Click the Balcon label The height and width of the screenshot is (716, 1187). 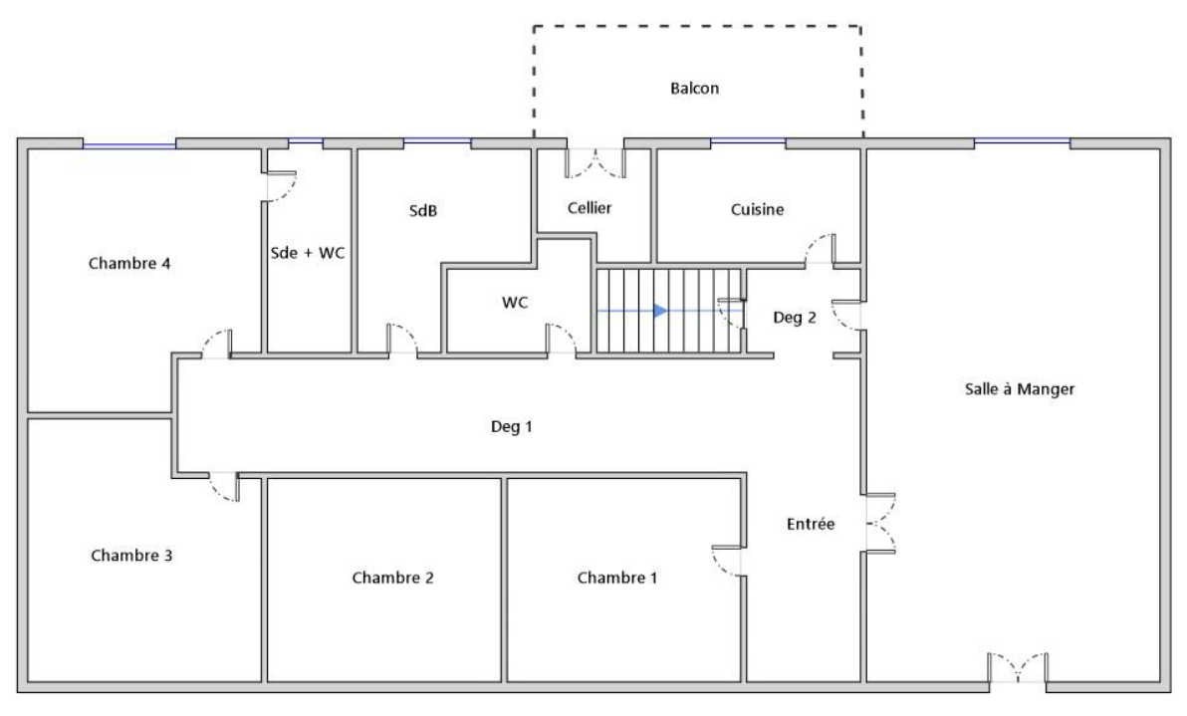[x=694, y=89]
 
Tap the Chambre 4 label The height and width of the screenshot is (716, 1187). [x=129, y=263]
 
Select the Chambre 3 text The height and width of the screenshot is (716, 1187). [x=131, y=556]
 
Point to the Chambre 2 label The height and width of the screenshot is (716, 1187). [x=393, y=579]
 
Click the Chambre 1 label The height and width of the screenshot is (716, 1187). [x=617, y=579]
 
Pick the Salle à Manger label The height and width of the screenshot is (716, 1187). [x=1020, y=389]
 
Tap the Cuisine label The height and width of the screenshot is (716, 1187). [x=757, y=210]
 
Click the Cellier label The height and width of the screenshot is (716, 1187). [x=590, y=207]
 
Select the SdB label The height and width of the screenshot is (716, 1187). [x=423, y=211]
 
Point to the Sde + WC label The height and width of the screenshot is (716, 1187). [x=308, y=253]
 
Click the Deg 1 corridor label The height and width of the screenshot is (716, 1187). [x=512, y=427]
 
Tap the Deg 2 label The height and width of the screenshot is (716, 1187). [x=795, y=318]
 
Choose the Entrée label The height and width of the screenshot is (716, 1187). [x=811, y=524]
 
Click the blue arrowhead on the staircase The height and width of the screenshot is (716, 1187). [x=661, y=311]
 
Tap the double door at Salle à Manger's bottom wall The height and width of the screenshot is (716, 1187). [x=1018, y=667]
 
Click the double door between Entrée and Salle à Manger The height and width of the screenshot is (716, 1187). [x=880, y=524]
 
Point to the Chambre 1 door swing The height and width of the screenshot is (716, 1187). [x=726, y=561]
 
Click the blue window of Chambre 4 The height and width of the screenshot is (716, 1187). [x=129, y=144]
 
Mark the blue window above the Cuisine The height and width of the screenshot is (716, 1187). [x=748, y=141]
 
